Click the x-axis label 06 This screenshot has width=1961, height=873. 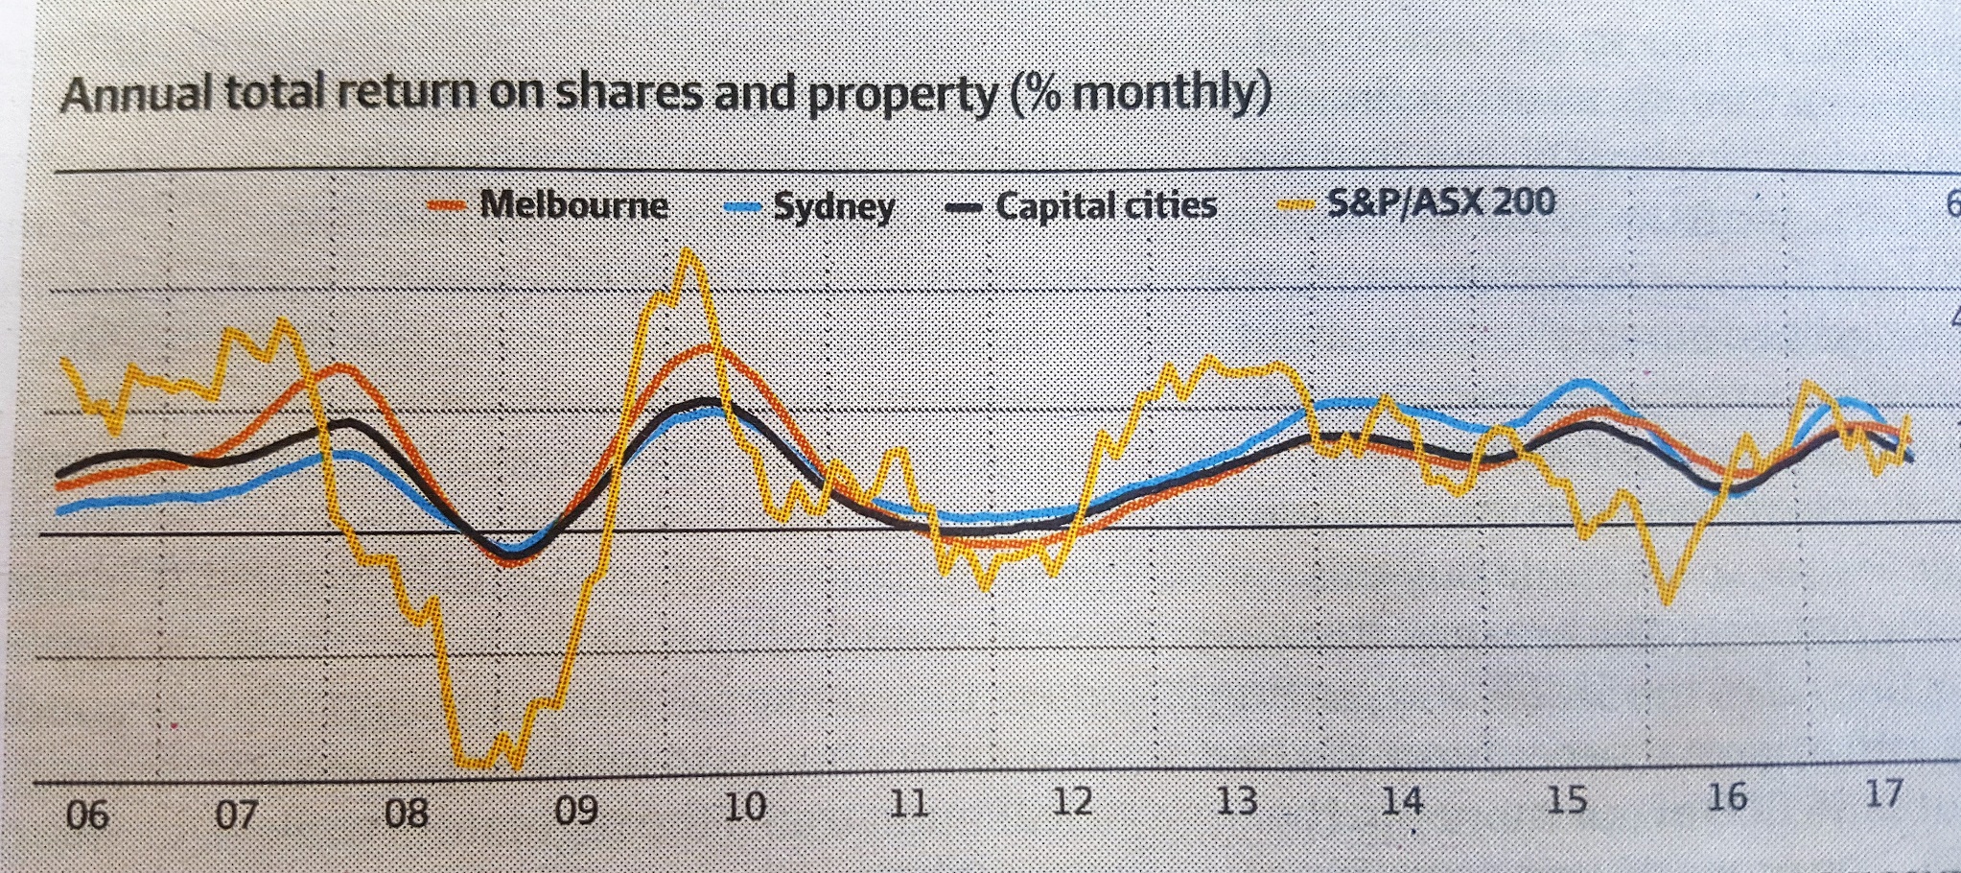click(x=86, y=815)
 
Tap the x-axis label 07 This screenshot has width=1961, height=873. click(x=236, y=814)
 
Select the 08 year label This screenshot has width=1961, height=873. click(x=406, y=814)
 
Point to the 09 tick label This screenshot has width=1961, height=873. click(x=575, y=812)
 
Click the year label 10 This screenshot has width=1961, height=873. click(x=744, y=807)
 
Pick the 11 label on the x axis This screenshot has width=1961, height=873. click(x=907, y=803)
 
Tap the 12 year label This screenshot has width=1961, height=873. click(x=1071, y=801)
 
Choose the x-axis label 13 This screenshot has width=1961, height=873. click(x=1236, y=800)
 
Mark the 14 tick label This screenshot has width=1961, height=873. click(x=1401, y=800)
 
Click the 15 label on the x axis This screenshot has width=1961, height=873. click(x=1566, y=799)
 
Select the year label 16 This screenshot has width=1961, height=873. click(x=1726, y=796)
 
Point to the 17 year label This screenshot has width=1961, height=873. click(x=1882, y=793)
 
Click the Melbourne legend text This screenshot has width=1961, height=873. click(x=573, y=204)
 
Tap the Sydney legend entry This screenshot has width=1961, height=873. click(x=833, y=206)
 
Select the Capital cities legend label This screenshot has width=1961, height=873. click(x=1106, y=205)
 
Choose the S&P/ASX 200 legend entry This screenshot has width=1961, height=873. click(x=1440, y=202)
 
